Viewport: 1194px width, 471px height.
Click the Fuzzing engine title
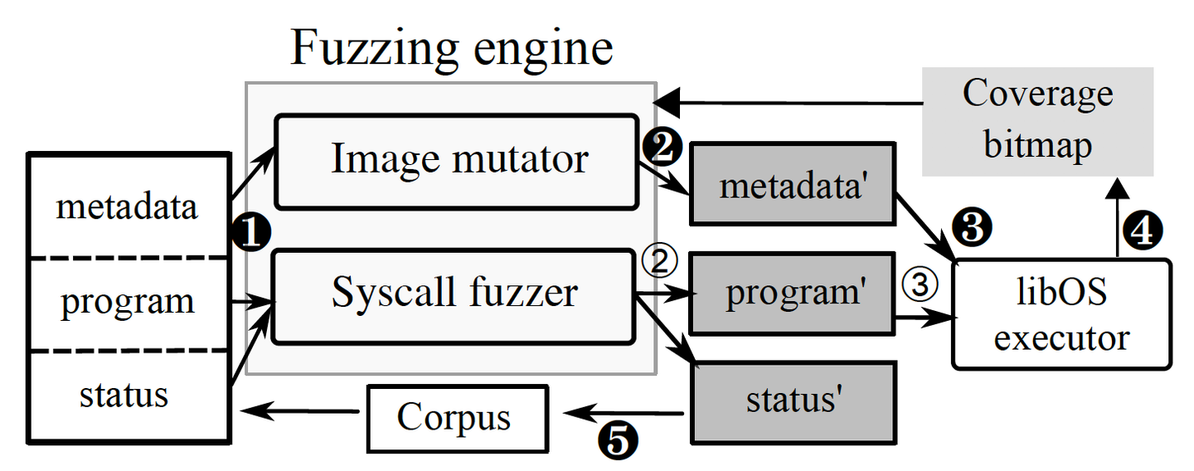(x=452, y=48)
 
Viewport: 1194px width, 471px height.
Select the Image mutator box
(x=459, y=161)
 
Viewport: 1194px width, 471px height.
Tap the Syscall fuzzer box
(x=454, y=294)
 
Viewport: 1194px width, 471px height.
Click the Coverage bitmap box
(x=1037, y=121)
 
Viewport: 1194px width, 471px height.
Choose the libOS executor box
(x=1062, y=314)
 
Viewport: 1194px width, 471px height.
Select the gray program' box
(x=793, y=294)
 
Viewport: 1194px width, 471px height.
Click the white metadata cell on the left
(x=128, y=206)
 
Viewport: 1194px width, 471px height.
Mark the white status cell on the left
(x=128, y=395)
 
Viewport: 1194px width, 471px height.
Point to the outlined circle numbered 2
(x=661, y=262)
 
